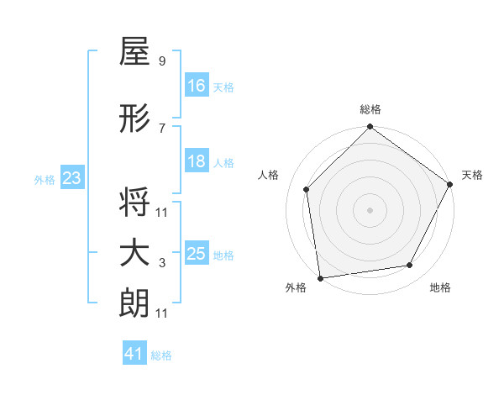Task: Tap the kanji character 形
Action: pyautogui.click(x=134, y=119)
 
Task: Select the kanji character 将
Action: pyautogui.click(x=134, y=203)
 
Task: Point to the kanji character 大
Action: pyautogui.click(x=134, y=253)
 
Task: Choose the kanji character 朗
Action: pyautogui.click(x=134, y=303)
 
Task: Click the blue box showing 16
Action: pyautogui.click(x=197, y=85)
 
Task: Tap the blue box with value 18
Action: pyautogui.click(x=197, y=161)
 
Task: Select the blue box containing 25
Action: pyautogui.click(x=197, y=253)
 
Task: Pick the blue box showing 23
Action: pyautogui.click(x=71, y=177)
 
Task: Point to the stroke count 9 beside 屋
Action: pyautogui.click(x=161, y=61)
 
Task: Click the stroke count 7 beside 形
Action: pyautogui.click(x=161, y=128)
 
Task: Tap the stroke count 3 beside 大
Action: pyautogui.click(x=161, y=262)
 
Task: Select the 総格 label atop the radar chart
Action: pyautogui.click(x=370, y=109)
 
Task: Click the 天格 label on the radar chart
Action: pyautogui.click(x=472, y=175)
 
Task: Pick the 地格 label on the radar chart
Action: pyautogui.click(x=440, y=287)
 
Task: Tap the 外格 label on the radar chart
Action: pyautogui.click(x=296, y=287)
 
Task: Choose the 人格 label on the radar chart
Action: pyautogui.click(x=268, y=175)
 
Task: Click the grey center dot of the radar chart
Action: pyautogui.click(x=370, y=210)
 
